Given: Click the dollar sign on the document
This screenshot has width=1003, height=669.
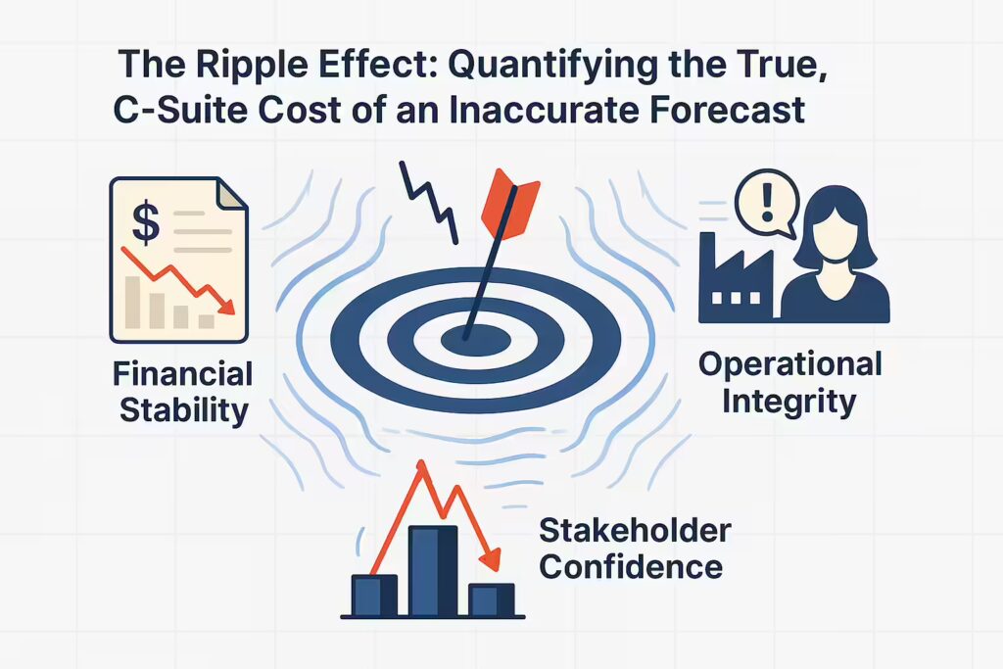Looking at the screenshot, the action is pyautogui.click(x=146, y=221).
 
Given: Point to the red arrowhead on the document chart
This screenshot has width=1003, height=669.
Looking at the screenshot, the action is pyautogui.click(x=226, y=307).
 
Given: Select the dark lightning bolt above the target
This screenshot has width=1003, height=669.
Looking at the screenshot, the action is pyautogui.click(x=429, y=202).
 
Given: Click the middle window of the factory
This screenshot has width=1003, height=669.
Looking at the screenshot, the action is pyautogui.click(x=736, y=298).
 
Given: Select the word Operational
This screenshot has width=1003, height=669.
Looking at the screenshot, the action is pyautogui.click(x=790, y=365).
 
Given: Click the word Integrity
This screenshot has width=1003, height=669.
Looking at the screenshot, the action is pyautogui.click(x=788, y=403).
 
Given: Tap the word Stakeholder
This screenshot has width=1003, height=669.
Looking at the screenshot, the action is pyautogui.click(x=635, y=530).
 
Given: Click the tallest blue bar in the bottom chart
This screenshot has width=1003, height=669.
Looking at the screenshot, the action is pyautogui.click(x=433, y=570).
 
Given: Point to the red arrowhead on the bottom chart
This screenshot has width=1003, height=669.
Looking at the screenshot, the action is pyautogui.click(x=490, y=559).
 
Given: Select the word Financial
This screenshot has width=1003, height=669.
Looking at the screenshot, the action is pyautogui.click(x=183, y=373).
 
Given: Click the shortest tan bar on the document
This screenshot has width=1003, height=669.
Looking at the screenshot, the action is pyautogui.click(x=206, y=321).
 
